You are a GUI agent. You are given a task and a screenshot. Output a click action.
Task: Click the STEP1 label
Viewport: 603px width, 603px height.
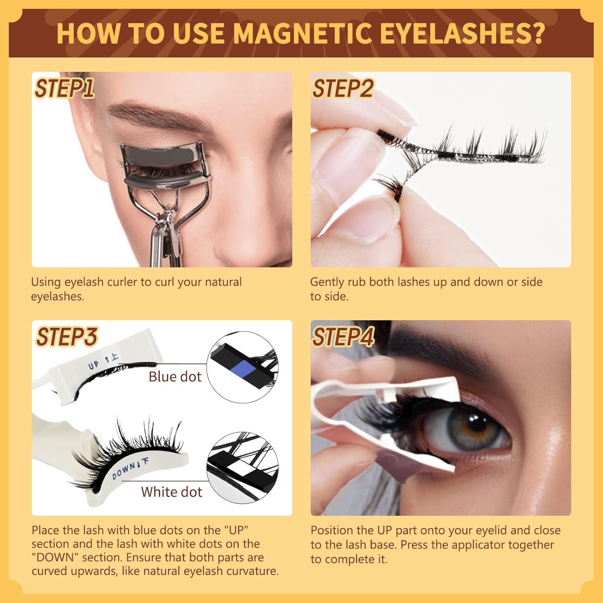click(64, 88)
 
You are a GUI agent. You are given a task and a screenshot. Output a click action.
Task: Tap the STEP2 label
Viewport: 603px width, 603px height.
click(343, 88)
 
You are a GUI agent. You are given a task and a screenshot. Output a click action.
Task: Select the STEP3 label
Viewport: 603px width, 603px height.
click(66, 337)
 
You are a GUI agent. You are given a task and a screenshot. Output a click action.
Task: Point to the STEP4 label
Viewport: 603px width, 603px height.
click(343, 337)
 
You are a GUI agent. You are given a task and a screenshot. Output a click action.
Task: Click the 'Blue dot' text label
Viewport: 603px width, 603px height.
click(175, 377)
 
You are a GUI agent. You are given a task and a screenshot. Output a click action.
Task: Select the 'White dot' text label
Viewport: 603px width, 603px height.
click(172, 492)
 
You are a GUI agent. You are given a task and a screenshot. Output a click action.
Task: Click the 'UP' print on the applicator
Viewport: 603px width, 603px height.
click(94, 365)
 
